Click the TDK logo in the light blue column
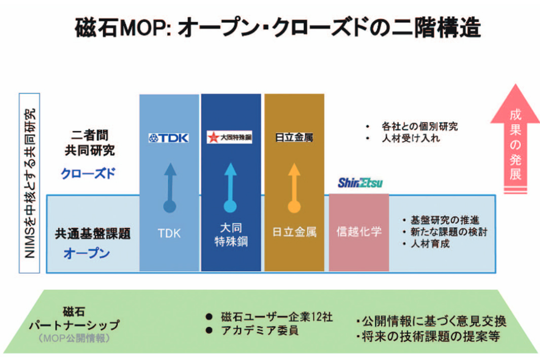coord(169,137)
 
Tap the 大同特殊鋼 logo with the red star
coord(230,137)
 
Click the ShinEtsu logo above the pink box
coord(360,183)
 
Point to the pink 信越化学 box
coord(359,232)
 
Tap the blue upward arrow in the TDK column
coord(170,188)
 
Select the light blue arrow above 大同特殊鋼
coord(231,188)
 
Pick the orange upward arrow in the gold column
coord(294,188)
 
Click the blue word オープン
coord(86,254)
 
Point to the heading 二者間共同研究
coord(89,143)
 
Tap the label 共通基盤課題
coord(93,234)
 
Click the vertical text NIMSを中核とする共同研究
coord(29,183)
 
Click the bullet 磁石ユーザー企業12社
coord(276,317)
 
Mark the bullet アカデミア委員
coord(259,331)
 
